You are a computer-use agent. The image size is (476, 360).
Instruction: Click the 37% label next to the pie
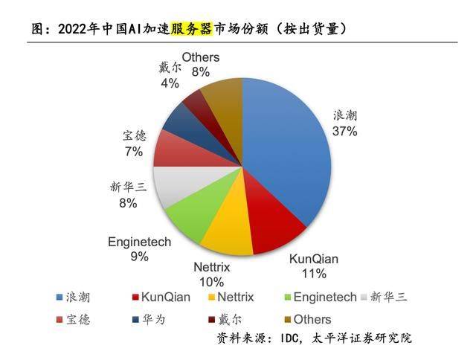pyautogui.click(x=345, y=132)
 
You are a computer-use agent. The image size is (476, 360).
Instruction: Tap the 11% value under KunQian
pyautogui.click(x=313, y=273)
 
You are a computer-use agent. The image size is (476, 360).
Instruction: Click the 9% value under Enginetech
pyautogui.click(x=139, y=257)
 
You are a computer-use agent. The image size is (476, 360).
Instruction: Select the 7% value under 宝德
pyautogui.click(x=133, y=151)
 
